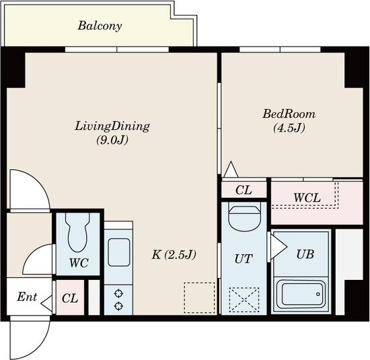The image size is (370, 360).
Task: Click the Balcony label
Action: (100, 26)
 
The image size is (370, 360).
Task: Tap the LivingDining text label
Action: (112, 127)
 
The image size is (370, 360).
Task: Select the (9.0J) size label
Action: (112, 140)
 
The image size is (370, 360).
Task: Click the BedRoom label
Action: (289, 114)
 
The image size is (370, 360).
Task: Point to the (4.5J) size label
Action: (289, 128)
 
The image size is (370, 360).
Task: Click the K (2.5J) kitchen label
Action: (174, 255)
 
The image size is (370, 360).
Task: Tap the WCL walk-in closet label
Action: (307, 198)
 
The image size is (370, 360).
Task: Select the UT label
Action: (244, 258)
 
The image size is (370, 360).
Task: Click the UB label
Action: (305, 254)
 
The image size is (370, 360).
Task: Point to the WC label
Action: (79, 262)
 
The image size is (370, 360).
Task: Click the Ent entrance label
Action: (27, 297)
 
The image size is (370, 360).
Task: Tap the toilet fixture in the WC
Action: (77, 232)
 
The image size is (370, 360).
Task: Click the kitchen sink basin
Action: (118, 252)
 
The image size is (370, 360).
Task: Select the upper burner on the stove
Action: (118, 294)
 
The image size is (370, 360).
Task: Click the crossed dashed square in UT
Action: (244, 300)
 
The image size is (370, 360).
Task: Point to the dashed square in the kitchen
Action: (199, 298)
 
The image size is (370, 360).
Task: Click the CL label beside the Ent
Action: (70, 298)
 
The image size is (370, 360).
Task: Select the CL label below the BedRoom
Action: (244, 190)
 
